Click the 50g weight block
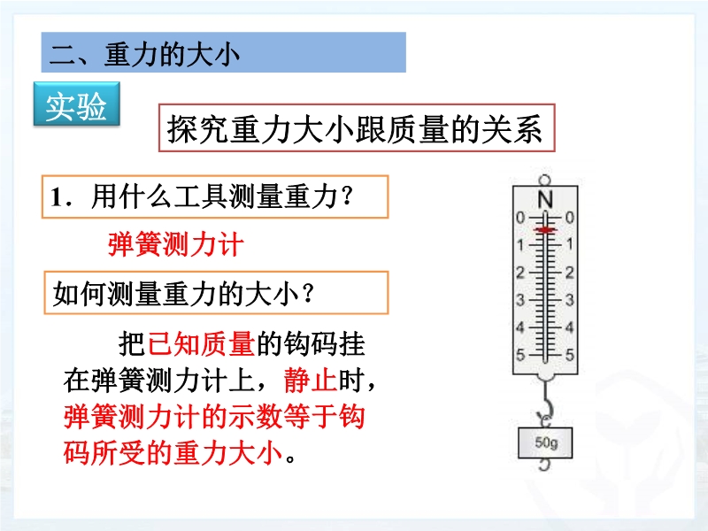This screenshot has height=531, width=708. click(x=545, y=443)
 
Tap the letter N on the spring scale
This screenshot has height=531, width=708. click(x=545, y=199)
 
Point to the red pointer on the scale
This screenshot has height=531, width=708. click(x=545, y=230)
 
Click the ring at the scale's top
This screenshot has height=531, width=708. click(x=545, y=181)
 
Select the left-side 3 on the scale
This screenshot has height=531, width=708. click(x=520, y=300)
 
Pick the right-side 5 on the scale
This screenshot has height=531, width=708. click(x=570, y=355)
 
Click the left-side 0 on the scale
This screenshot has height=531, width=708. click(x=520, y=218)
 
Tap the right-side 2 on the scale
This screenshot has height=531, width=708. click(x=570, y=273)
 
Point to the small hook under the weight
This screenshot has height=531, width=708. click(x=545, y=465)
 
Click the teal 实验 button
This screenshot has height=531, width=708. click(x=76, y=104)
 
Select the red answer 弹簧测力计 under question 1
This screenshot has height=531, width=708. click(x=175, y=244)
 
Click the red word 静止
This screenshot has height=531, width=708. click(x=311, y=381)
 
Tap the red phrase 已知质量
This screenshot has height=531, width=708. click(x=201, y=344)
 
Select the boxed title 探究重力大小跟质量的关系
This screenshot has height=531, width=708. click(x=355, y=128)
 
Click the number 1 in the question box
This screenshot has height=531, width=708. click(x=56, y=197)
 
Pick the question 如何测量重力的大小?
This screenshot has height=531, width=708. click(x=183, y=294)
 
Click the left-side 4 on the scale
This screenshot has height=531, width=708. click(x=520, y=327)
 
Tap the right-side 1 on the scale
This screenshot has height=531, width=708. click(x=570, y=244)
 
